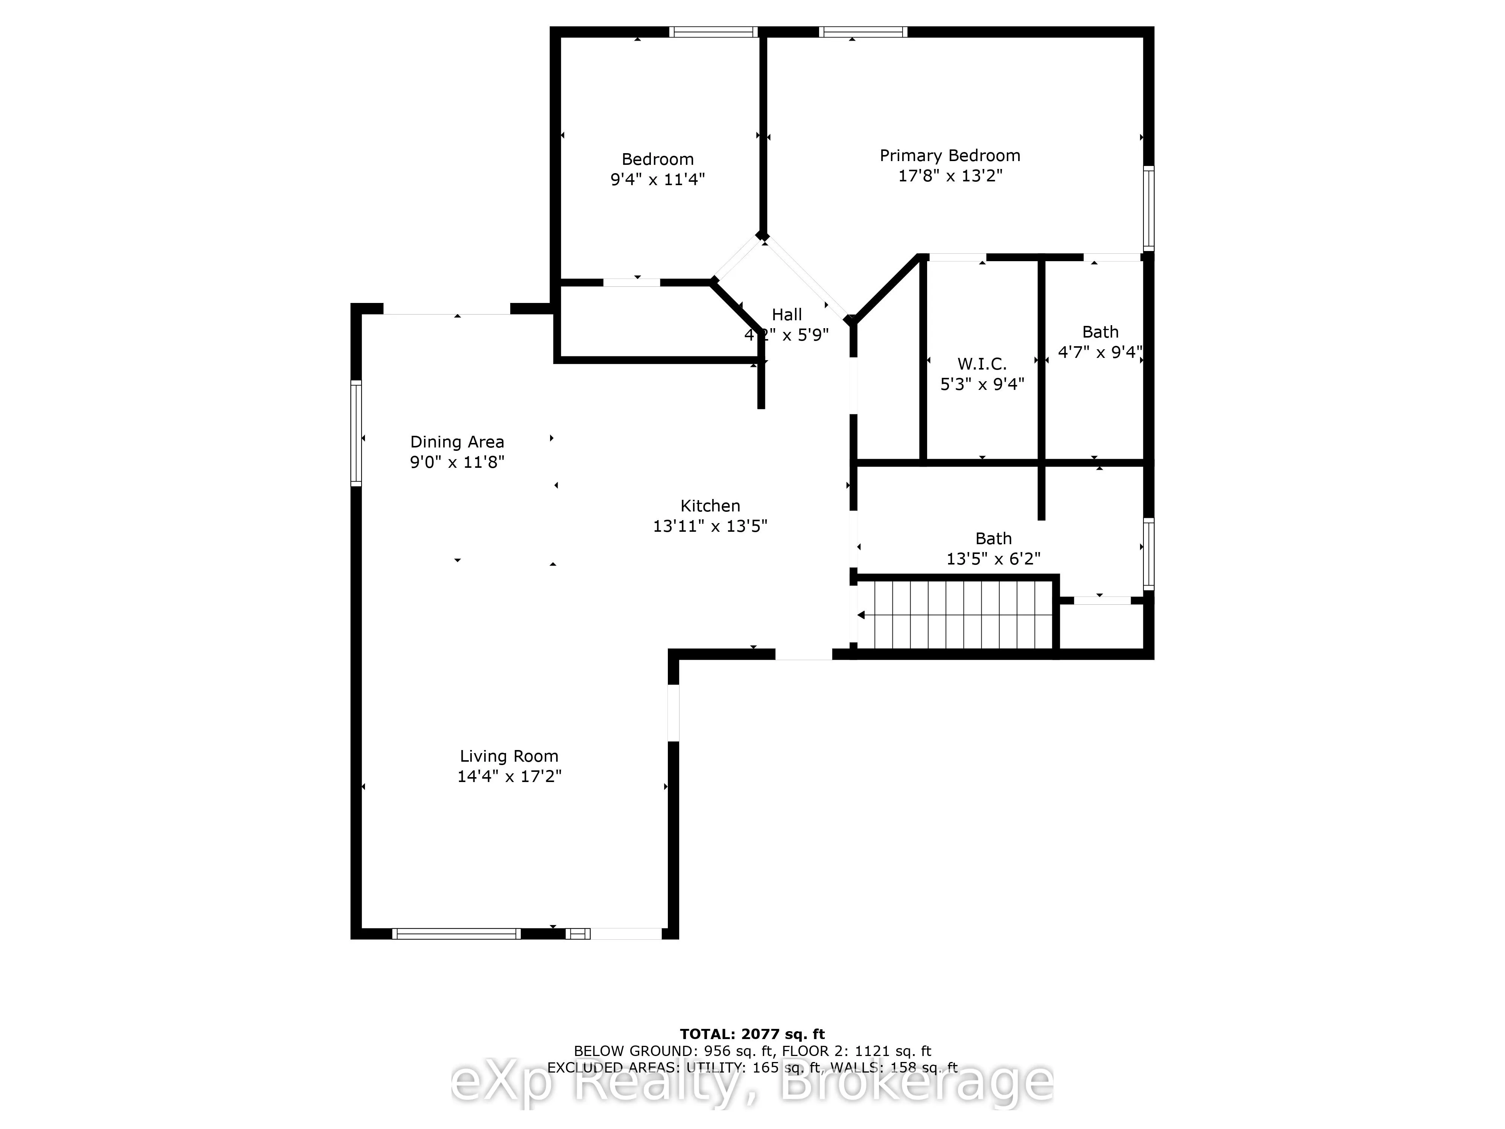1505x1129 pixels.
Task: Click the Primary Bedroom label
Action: [950, 156]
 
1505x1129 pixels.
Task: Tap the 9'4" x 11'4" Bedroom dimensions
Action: [657, 180]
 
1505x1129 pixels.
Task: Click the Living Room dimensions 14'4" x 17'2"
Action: [509, 776]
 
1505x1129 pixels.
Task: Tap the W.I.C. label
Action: [982, 364]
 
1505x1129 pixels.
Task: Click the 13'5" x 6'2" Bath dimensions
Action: [993, 559]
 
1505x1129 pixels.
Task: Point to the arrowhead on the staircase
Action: [861, 615]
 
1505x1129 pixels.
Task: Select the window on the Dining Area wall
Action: [356, 433]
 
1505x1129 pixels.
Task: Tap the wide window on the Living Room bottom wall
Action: [456, 934]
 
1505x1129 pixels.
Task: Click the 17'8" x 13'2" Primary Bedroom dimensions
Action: [950, 176]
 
